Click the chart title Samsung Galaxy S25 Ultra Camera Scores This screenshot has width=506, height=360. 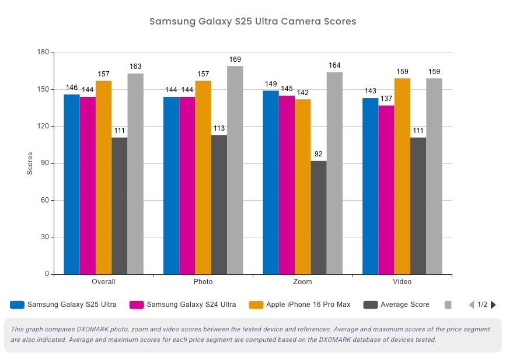pos(253,22)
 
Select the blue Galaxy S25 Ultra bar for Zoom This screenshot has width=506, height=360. pos(270,182)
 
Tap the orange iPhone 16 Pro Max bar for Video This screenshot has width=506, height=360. pos(402,176)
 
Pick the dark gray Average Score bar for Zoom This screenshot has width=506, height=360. pos(319,217)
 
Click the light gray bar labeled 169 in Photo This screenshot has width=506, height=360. pos(235,170)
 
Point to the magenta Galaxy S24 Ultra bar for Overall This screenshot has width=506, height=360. pos(88,185)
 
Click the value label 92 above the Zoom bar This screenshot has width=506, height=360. pos(319,155)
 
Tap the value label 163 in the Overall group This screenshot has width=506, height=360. pos(135,67)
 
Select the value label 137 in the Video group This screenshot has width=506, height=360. pos(386,99)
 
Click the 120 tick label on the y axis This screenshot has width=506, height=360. pos(43,127)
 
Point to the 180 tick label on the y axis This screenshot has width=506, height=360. pos(43,53)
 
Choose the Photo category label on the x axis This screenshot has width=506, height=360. pos(203,282)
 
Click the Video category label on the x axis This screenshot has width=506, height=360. pos(402,282)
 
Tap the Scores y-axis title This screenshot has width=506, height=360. pos(30,163)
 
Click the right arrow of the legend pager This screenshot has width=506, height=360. pos(493,305)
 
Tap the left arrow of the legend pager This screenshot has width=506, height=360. pos(472,305)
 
